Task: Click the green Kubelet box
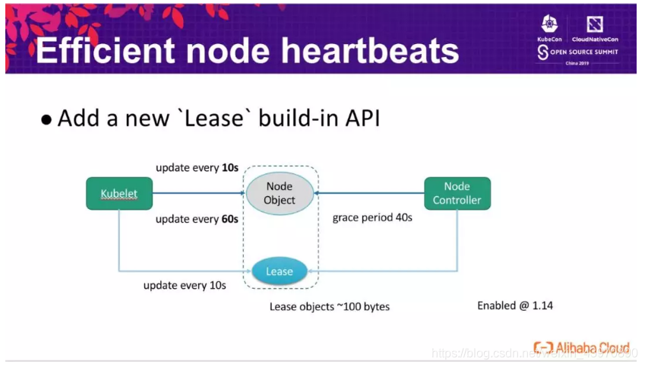[119, 194]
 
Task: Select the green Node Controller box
[457, 193]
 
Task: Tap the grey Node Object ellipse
[280, 193]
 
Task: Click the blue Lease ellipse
[279, 271]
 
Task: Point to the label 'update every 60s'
[197, 220]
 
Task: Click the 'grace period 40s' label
[372, 218]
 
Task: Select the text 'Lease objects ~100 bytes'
[330, 307]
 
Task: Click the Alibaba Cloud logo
[581, 348]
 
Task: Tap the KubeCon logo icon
[549, 24]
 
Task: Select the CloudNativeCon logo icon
[595, 24]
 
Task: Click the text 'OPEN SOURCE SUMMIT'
[586, 52]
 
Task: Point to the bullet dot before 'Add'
[47, 120]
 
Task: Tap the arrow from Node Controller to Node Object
[370, 193]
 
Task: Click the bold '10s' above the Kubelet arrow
[229, 167]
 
